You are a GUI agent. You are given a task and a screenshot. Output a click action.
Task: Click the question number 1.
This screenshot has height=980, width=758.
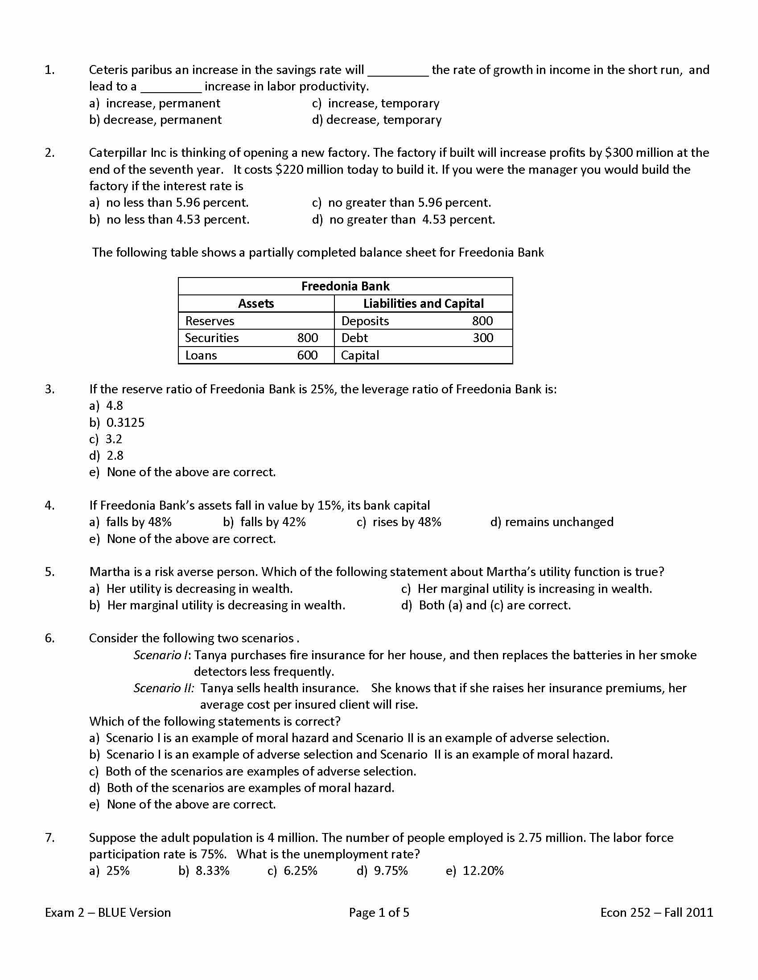(49, 70)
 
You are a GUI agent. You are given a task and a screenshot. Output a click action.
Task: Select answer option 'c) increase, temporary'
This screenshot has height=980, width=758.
(375, 104)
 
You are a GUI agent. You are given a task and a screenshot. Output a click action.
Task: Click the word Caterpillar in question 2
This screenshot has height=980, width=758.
(118, 153)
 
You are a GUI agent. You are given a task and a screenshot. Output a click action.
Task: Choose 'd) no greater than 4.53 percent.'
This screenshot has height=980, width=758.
(403, 220)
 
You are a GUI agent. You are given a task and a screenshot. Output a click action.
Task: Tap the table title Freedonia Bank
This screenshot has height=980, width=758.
(345, 286)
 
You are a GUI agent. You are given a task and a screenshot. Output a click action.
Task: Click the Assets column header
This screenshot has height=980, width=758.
(255, 304)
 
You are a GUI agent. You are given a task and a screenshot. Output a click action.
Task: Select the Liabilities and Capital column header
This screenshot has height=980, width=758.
(423, 304)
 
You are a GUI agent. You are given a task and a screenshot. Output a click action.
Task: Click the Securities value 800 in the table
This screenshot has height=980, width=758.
(307, 338)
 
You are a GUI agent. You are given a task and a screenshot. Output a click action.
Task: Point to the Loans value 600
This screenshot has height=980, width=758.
(307, 355)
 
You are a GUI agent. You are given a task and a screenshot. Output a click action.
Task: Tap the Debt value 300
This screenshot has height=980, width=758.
(483, 338)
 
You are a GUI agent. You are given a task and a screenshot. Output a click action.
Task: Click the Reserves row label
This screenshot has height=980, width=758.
(210, 321)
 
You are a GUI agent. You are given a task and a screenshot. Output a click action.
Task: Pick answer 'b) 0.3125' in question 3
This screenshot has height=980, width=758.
(117, 423)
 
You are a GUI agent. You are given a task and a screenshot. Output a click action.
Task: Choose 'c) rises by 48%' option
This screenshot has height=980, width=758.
(399, 523)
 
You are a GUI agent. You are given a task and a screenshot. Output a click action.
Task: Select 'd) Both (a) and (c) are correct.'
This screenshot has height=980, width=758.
(486, 606)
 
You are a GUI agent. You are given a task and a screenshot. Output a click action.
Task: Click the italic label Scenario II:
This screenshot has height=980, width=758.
(164, 688)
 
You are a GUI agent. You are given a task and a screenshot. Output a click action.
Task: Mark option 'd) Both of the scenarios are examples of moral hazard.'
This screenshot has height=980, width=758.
(242, 788)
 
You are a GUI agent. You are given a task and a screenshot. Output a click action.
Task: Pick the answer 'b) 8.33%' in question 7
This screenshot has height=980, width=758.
(204, 871)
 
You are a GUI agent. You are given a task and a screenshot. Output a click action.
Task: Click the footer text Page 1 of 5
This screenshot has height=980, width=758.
(379, 913)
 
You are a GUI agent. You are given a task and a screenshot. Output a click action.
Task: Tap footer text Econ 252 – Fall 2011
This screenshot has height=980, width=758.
(656, 913)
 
